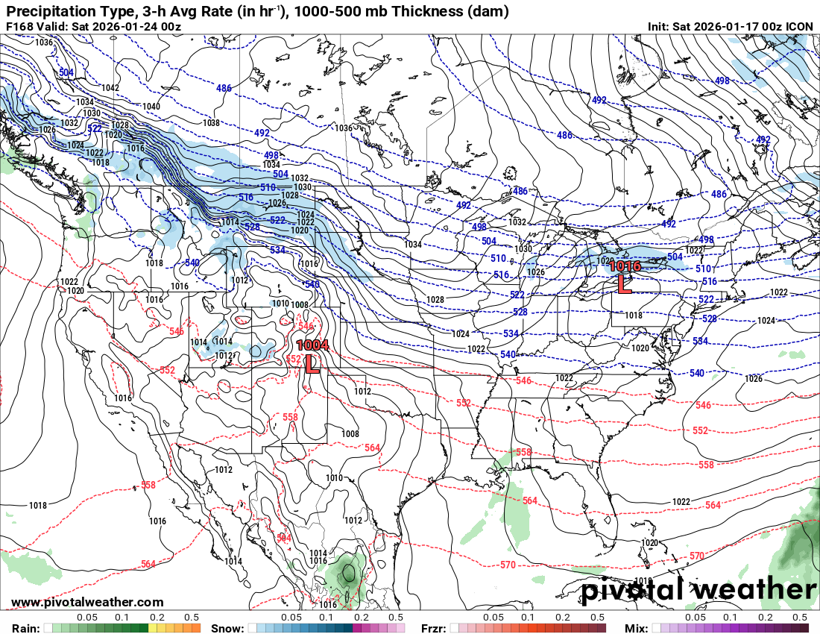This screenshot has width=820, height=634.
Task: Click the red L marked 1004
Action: pyautogui.click(x=312, y=363)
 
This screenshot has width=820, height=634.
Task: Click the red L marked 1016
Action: pyautogui.click(x=625, y=283)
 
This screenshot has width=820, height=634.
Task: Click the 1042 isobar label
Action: pyautogui.click(x=110, y=88)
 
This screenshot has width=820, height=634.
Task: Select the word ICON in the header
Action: pyautogui.click(x=800, y=26)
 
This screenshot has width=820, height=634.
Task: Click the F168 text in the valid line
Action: pyautogui.click(x=19, y=26)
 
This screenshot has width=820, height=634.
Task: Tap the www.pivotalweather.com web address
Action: pyautogui.click(x=87, y=602)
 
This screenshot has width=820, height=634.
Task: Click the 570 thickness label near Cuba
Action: pyautogui.click(x=697, y=556)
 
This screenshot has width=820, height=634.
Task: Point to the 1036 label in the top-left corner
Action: pyautogui.click(x=44, y=43)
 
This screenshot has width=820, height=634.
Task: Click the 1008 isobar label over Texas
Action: pyautogui.click(x=350, y=433)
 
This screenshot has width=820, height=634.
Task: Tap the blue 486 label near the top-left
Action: pyautogui.click(x=224, y=88)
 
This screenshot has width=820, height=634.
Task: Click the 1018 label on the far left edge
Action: pyautogui.click(x=38, y=505)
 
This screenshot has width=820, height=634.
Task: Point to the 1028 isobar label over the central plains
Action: pyautogui.click(x=435, y=299)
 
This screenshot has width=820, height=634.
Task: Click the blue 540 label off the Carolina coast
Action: pyautogui.click(x=696, y=372)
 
